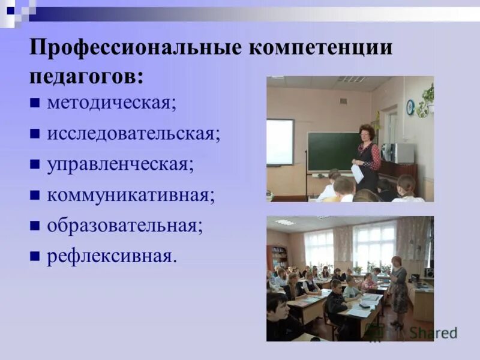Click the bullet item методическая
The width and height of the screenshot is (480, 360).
(x=111, y=103)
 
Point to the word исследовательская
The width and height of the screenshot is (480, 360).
(x=133, y=133)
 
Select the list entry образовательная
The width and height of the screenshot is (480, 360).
(x=124, y=226)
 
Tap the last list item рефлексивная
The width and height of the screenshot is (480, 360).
(x=112, y=256)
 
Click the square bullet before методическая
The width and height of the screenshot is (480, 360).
(x=35, y=103)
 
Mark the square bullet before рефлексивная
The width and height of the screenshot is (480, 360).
(x=35, y=256)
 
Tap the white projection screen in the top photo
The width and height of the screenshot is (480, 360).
(x=280, y=142)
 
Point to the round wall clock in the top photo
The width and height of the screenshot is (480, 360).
(x=410, y=107)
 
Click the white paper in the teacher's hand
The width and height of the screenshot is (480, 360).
(x=358, y=174)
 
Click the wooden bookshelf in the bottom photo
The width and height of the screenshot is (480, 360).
(x=278, y=256)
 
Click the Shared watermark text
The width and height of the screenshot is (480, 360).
(x=435, y=332)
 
